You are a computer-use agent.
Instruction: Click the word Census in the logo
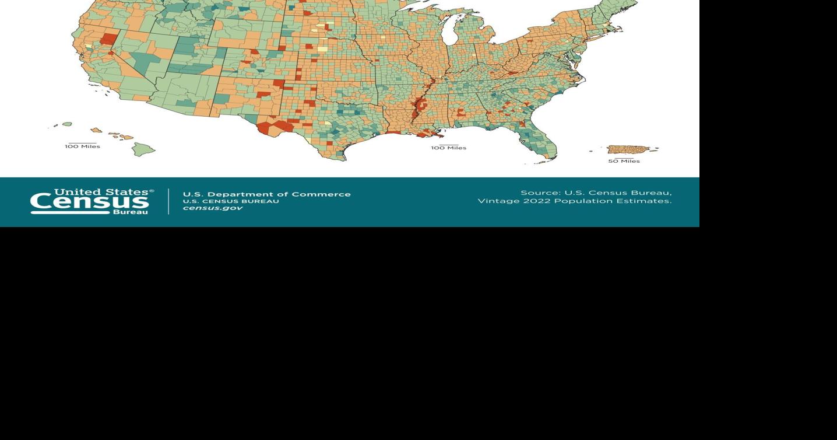(89, 203)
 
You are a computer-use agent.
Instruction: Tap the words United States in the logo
(101, 192)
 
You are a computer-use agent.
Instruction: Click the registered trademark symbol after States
(152, 191)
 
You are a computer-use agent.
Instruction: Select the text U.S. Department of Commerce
(266, 194)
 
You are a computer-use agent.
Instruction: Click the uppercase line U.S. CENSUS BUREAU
(231, 201)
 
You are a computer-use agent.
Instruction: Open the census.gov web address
(212, 208)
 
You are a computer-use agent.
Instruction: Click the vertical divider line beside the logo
(168, 201)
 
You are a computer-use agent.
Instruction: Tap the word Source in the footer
(539, 193)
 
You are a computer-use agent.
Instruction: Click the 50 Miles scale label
(624, 162)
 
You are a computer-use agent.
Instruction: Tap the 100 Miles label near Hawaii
(82, 146)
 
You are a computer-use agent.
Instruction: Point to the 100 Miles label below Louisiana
(448, 148)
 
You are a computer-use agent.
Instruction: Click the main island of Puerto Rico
(628, 150)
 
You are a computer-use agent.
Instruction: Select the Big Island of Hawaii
(143, 149)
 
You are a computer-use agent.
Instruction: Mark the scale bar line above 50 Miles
(624, 158)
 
